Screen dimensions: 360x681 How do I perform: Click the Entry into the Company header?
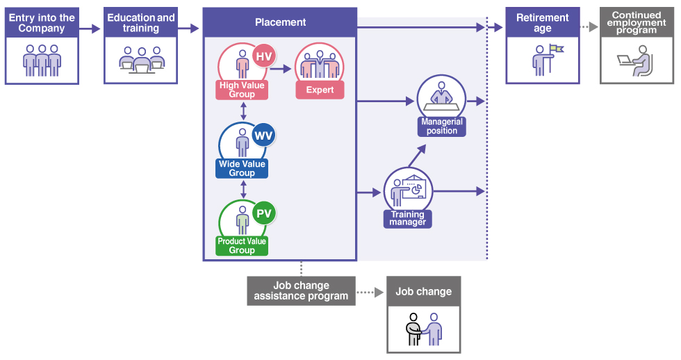click(x=42, y=23)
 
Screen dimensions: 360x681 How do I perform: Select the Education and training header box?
click(x=141, y=23)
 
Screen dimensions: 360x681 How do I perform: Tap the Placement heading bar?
click(x=280, y=22)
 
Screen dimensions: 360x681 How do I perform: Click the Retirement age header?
click(x=543, y=23)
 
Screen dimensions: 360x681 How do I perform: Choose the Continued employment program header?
click(x=637, y=23)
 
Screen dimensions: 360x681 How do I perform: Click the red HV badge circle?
click(x=264, y=56)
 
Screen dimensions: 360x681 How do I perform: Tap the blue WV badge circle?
click(x=263, y=135)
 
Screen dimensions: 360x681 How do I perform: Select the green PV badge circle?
click(x=264, y=213)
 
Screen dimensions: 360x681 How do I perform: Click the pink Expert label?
click(x=320, y=90)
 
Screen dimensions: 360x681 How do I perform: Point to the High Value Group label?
click(x=242, y=90)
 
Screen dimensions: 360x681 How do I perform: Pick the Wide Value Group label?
click(x=242, y=168)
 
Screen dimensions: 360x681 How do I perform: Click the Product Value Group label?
click(x=242, y=246)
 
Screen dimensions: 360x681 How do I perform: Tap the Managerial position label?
click(x=442, y=126)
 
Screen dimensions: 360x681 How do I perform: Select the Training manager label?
click(x=407, y=219)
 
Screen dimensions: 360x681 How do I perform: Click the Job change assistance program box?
click(x=301, y=291)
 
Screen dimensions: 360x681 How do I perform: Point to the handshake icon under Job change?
click(x=424, y=328)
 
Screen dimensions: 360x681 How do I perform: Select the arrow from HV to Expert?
click(x=281, y=68)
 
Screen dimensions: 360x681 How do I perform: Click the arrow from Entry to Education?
click(x=90, y=29)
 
